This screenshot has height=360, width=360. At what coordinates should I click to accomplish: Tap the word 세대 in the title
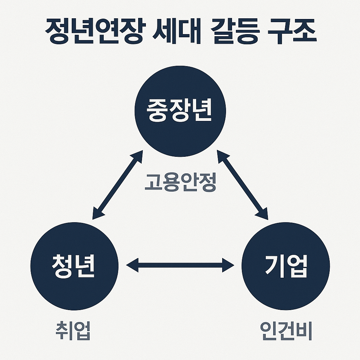[x=172, y=32]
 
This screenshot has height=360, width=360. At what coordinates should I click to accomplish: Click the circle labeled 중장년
[x=179, y=111]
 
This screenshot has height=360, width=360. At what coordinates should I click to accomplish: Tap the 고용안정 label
[x=180, y=182]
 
